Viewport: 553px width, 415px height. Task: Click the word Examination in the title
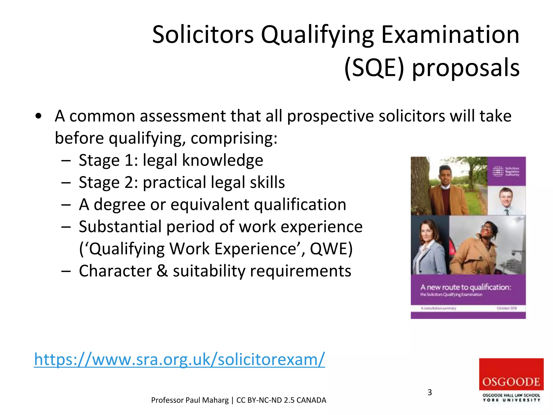(x=450, y=35)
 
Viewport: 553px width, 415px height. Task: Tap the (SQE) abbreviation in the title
(x=375, y=68)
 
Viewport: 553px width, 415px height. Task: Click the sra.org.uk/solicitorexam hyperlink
(x=179, y=359)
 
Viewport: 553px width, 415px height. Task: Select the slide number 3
(x=430, y=392)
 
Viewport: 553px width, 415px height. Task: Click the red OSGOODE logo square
(x=511, y=374)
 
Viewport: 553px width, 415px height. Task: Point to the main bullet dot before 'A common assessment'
(x=38, y=116)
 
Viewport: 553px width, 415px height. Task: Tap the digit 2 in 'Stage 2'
(x=129, y=182)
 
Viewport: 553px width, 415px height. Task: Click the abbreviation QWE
(x=331, y=249)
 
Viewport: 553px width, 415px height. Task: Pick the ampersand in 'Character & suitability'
(x=162, y=271)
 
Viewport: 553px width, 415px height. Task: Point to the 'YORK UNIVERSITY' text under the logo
(x=511, y=400)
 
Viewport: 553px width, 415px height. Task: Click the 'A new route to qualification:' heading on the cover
(x=466, y=287)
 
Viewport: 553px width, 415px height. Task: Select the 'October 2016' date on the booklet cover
(x=507, y=308)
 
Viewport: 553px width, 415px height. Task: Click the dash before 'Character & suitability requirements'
(x=66, y=271)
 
